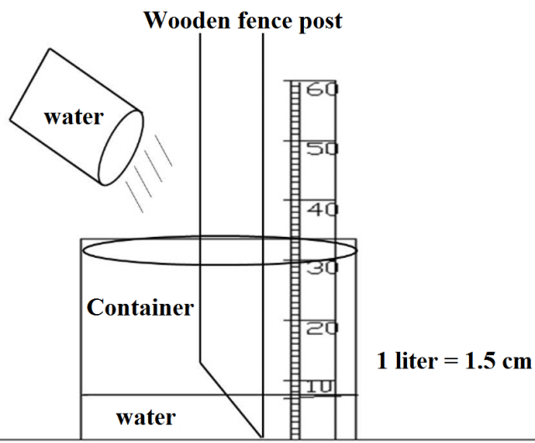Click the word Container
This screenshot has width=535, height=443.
click(x=140, y=307)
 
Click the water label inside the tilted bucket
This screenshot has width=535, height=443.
click(x=73, y=116)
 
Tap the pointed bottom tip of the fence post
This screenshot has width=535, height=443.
click(x=264, y=435)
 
